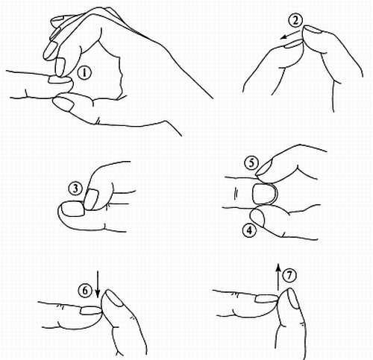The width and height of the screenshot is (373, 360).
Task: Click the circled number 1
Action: (84, 73)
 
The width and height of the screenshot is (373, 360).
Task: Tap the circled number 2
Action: (295, 20)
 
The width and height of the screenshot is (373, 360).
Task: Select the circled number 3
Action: (75, 189)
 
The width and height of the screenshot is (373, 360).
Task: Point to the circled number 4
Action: (249, 230)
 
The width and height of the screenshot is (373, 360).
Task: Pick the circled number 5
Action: (251, 163)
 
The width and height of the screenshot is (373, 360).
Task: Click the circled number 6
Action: (85, 290)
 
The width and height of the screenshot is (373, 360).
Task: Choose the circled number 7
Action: (289, 275)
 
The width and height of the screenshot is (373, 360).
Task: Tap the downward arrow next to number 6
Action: (98, 284)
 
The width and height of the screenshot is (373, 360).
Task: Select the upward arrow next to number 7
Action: (278, 278)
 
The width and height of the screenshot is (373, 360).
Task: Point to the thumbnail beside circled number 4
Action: (258, 218)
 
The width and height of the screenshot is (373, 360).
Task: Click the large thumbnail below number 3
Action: (72, 209)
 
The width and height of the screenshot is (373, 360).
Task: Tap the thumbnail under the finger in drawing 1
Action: (63, 104)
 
